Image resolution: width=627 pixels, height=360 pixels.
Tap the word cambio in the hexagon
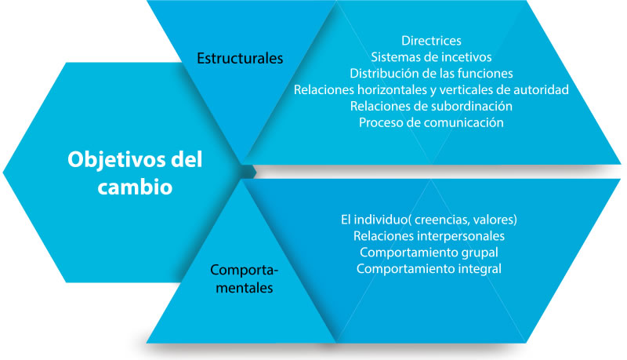(x=135, y=187)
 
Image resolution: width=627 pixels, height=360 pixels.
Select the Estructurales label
(x=240, y=58)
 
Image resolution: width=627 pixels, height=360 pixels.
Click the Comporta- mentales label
(x=244, y=278)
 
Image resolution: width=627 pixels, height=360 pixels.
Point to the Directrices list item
(x=431, y=41)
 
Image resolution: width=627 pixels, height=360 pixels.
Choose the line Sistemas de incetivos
(x=431, y=56)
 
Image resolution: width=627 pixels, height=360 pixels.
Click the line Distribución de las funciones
(x=431, y=73)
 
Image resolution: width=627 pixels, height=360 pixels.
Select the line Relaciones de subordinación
(x=431, y=106)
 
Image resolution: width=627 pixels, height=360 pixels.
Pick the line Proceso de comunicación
(x=431, y=122)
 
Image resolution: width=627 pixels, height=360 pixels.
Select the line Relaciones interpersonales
(x=429, y=236)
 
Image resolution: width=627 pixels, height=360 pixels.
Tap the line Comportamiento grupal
(x=429, y=253)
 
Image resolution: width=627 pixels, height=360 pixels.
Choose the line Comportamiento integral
(x=429, y=269)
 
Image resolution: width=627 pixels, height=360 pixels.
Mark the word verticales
(x=466, y=89)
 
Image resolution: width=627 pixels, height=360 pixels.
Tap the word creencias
(x=441, y=220)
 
